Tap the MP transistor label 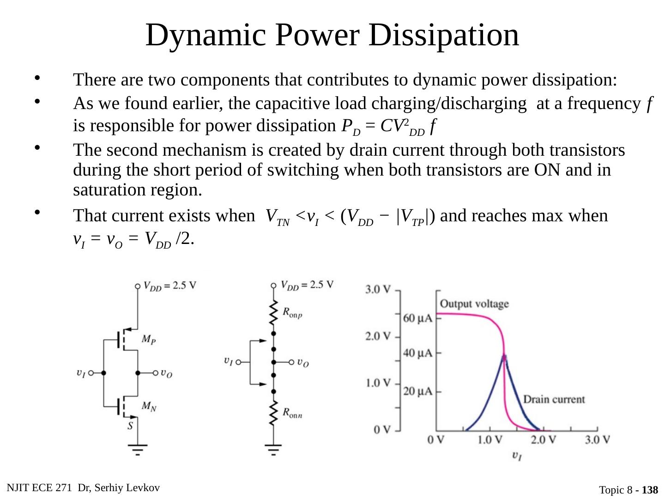[x=148, y=340]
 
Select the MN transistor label [x=149, y=407]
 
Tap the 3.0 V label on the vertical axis [x=378, y=290]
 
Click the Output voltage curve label [x=474, y=304]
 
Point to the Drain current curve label [x=553, y=399]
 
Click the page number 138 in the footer [x=650, y=490]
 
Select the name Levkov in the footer [x=144, y=488]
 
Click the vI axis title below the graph [x=517, y=456]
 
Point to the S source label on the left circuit [x=131, y=426]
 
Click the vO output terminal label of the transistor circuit [x=166, y=373]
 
